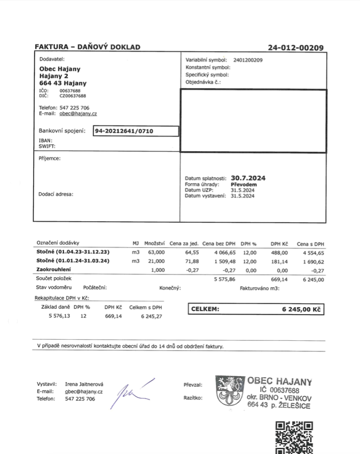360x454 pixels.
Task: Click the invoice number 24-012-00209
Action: (x=295, y=48)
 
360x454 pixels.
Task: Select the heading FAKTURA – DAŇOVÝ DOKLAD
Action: (x=88, y=47)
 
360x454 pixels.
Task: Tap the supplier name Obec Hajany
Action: (x=60, y=69)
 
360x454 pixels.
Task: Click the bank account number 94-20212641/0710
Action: (x=124, y=131)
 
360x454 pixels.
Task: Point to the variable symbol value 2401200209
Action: (x=248, y=60)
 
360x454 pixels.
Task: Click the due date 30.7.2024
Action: (x=248, y=178)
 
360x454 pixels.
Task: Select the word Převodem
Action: (x=244, y=184)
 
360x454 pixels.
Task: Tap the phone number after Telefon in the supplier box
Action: (x=74, y=107)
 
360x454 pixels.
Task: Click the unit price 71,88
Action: (x=191, y=261)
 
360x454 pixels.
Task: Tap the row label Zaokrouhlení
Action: (x=54, y=270)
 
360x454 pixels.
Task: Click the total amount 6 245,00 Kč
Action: (x=301, y=309)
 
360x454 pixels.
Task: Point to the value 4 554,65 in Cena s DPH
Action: (x=313, y=252)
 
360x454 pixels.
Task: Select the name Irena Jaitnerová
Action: (x=84, y=384)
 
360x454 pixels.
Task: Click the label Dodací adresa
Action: (x=56, y=194)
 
